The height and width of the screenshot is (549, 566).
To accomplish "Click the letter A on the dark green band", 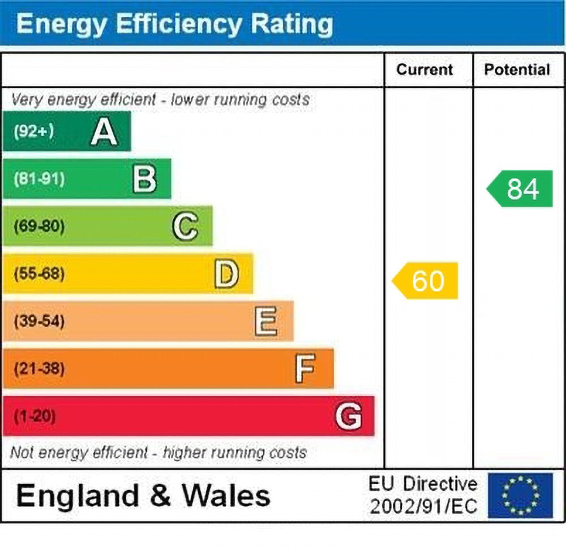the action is coord(104,132).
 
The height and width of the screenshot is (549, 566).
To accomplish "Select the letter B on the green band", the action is coord(144,179).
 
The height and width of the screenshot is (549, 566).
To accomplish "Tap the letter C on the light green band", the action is coord(185,227).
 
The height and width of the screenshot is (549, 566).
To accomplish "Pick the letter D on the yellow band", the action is coord(226,274).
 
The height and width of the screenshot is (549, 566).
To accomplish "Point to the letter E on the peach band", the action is coord(265,322).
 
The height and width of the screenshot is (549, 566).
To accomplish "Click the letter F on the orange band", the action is coord(305,369).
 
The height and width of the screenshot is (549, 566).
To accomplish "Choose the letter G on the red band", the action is coord(348,417).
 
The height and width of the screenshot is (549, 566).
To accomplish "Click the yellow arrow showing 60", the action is coord(426,281).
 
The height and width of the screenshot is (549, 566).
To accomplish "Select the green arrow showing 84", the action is coord(521,189).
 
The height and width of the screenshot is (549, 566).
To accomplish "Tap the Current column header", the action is coord(424,70).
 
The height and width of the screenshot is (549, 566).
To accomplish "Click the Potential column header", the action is coord(517,70).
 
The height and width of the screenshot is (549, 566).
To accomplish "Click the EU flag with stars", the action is coord(520,496).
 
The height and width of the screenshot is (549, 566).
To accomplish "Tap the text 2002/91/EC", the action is coord(423,506).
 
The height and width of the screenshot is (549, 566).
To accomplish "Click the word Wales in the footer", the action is coord(225,496).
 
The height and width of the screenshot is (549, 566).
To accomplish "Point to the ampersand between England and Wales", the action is coord(161,496).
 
